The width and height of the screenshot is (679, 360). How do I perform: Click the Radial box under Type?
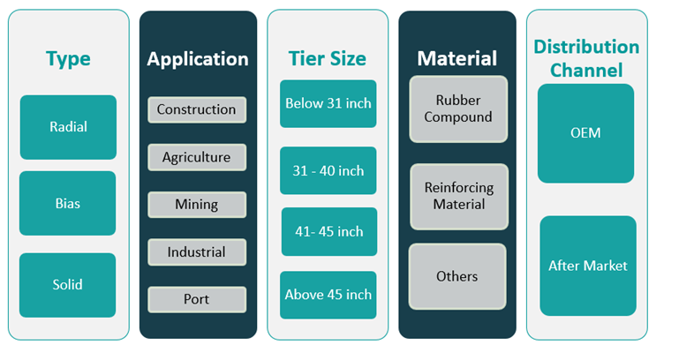coord(68,127)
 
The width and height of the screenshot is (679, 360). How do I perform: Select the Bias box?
coord(67,203)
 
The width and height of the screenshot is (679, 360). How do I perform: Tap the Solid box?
coord(67,285)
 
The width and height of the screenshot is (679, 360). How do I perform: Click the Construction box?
coord(196,110)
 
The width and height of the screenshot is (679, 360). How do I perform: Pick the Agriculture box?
coord(196,158)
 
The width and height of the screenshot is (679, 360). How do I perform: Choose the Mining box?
coord(196,205)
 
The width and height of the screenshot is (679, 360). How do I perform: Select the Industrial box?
coord(196,252)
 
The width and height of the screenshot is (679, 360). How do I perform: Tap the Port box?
coord(196,299)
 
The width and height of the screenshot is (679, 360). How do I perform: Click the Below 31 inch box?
coord(328,104)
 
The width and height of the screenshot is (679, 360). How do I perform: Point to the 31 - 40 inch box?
coord(328,170)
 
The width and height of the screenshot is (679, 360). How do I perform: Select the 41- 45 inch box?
coord(328,232)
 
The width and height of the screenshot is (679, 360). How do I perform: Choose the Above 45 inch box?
coord(328,295)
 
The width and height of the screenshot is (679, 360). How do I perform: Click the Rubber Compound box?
coord(458,109)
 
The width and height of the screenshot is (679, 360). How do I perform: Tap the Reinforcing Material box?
coord(458,197)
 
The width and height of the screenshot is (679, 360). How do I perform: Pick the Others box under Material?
coord(457,277)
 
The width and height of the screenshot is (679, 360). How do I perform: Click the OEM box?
coord(585,133)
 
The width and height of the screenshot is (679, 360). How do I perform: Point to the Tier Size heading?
coord(327,60)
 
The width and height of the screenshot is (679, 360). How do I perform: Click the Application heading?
coord(198,60)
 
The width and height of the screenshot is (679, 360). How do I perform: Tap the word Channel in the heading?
coord(586,70)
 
